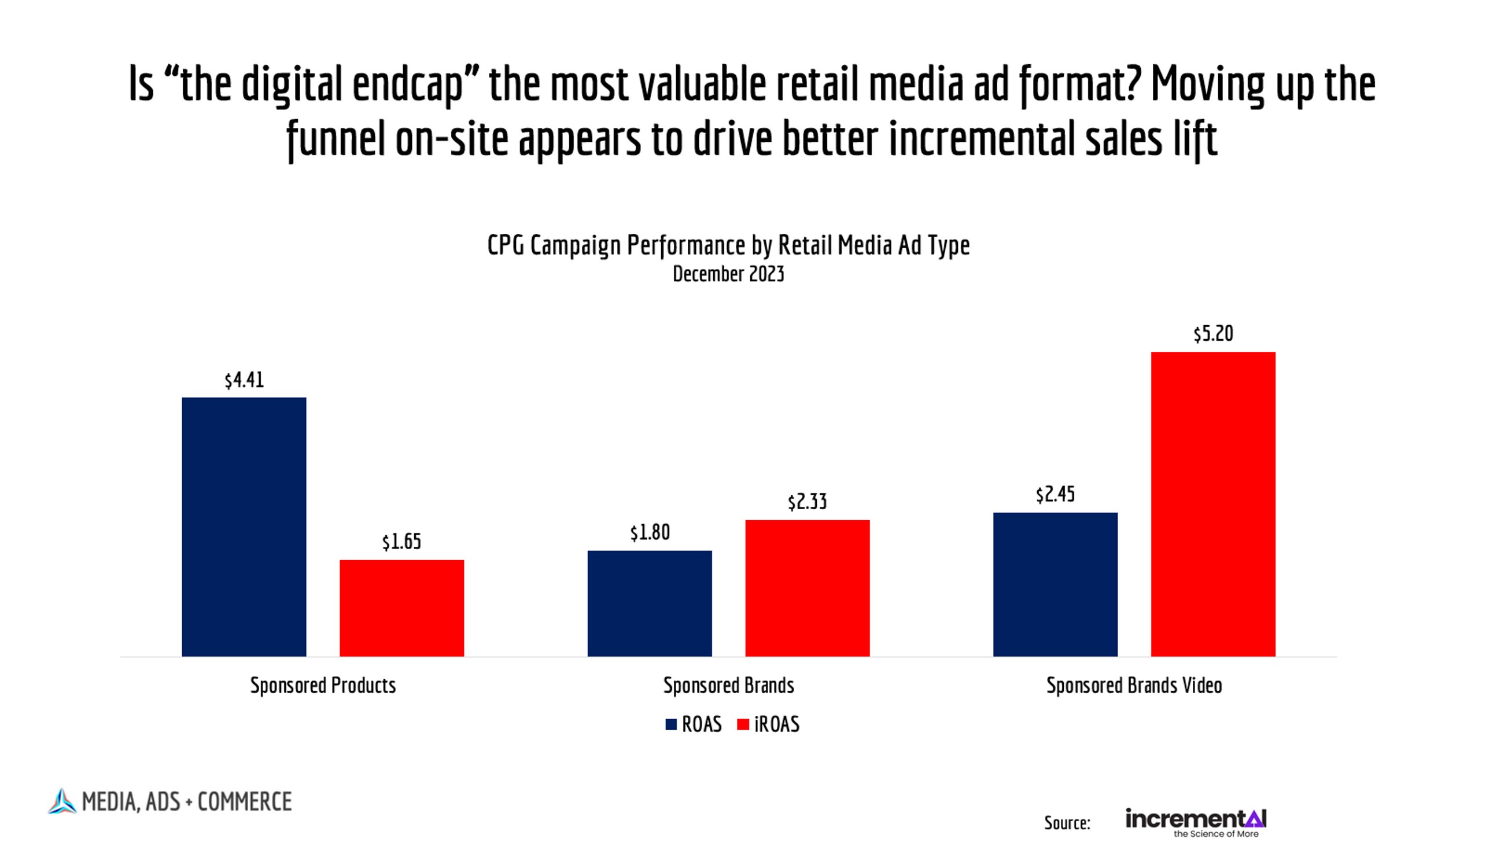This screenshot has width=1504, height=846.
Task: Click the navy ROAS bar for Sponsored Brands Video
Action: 1055,584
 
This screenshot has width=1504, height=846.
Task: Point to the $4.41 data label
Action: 244,380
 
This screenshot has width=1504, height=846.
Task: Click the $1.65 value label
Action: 401,542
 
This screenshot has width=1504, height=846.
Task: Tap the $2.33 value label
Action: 807,502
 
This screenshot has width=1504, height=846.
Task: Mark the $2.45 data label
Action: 1055,495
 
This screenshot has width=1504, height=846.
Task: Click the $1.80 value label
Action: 650,532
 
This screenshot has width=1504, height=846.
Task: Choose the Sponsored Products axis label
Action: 323,685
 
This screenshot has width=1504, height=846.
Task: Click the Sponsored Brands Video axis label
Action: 1134,685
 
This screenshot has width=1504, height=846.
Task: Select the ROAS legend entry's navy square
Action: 671,724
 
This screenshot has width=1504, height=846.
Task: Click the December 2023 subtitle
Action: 728,274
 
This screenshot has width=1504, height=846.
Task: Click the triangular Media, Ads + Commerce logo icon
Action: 62,801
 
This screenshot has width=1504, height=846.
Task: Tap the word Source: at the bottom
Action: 1067,823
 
